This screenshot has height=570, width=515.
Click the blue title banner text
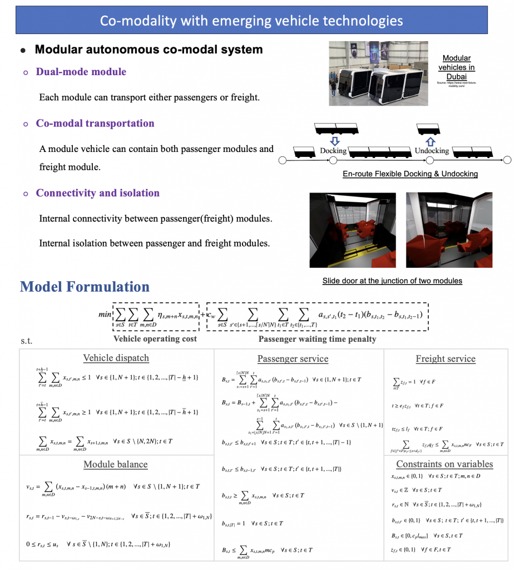coord(251,21)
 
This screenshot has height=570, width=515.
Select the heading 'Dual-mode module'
coord(81,72)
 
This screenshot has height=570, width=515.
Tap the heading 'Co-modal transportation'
coord(95,123)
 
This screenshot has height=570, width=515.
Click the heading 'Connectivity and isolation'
coord(97,193)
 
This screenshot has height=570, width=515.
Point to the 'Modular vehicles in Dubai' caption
coord(456,67)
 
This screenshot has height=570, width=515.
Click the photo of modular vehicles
coord(378,73)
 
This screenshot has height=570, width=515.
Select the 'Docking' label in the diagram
coord(333,151)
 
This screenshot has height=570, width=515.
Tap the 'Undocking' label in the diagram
coord(432,151)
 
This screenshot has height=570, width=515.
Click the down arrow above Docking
coord(333,140)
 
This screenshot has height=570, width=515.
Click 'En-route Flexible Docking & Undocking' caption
coord(410,174)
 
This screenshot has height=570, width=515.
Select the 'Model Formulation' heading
coord(85,287)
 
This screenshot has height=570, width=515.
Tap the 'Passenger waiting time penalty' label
coord(317,338)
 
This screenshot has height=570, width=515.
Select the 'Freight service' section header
coord(445,359)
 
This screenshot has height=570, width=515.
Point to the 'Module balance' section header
coord(115,464)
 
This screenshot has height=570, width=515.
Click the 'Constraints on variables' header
coord(445,464)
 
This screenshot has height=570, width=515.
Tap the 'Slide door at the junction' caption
coord(392,281)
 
